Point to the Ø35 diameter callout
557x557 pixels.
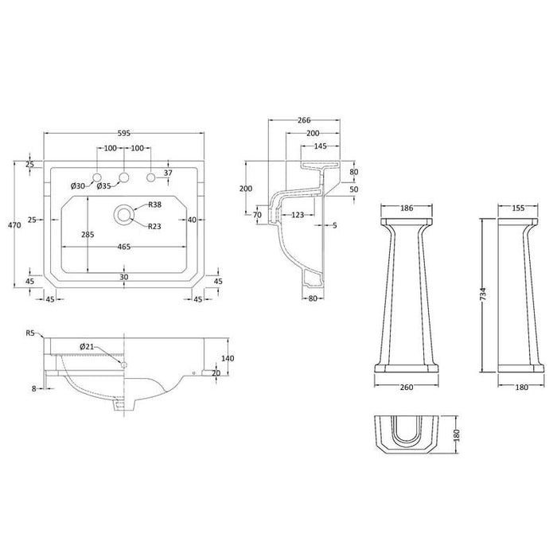[103, 187]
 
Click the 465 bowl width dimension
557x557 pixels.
[123, 247]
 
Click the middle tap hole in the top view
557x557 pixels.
[123, 177]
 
